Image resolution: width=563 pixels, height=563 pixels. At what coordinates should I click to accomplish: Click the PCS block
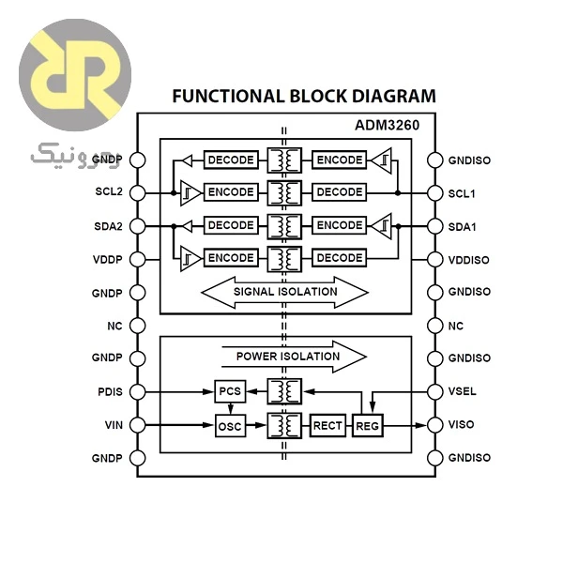tap(230, 391)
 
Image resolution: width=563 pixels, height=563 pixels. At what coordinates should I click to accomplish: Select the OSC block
tap(230, 426)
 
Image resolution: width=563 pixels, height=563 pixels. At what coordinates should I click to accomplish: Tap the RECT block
tap(327, 425)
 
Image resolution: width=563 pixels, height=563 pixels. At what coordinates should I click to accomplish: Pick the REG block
tap(367, 426)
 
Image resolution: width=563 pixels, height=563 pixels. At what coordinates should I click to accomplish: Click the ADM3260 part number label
tap(387, 125)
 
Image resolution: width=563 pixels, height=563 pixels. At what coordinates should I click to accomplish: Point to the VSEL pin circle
tap(435, 391)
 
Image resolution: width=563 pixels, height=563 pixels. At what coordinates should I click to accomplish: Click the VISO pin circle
tap(435, 425)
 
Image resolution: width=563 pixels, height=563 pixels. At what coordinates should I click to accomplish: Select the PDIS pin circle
tap(138, 391)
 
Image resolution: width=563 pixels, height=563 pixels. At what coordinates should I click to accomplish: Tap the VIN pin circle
tap(138, 425)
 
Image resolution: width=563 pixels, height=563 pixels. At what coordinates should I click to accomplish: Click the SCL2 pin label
tap(109, 191)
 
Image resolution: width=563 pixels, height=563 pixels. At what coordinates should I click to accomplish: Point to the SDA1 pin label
tap(462, 227)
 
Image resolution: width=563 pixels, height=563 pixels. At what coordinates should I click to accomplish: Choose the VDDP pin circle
tap(138, 259)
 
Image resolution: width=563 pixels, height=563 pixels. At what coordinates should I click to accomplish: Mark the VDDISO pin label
tap(468, 260)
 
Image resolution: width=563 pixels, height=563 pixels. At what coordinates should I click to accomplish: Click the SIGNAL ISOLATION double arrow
tap(285, 292)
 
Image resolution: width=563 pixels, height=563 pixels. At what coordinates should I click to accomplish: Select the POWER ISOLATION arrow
tap(295, 357)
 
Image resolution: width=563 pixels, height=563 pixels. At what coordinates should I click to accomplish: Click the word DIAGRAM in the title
tap(394, 96)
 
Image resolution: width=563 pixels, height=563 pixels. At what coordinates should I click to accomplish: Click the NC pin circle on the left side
tap(138, 326)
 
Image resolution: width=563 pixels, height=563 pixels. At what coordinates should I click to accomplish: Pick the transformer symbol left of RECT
tap(284, 425)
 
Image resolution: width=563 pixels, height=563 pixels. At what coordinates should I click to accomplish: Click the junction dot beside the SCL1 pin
tap(398, 193)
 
